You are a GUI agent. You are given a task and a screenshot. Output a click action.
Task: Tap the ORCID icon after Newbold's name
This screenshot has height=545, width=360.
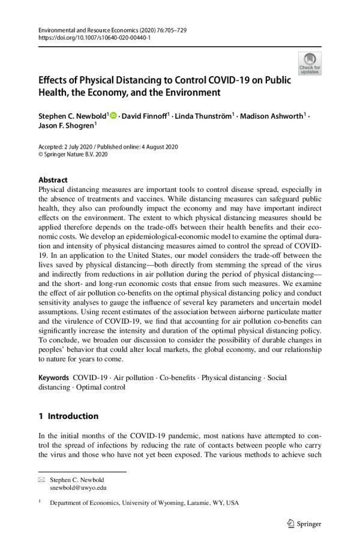click(x=113, y=115)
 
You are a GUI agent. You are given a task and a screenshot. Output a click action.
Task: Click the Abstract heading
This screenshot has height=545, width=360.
click(x=53, y=180)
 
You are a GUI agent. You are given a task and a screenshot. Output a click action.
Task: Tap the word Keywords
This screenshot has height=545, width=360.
click(x=53, y=378)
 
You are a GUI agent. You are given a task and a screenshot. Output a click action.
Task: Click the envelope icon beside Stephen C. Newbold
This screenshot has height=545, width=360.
click(x=41, y=480)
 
